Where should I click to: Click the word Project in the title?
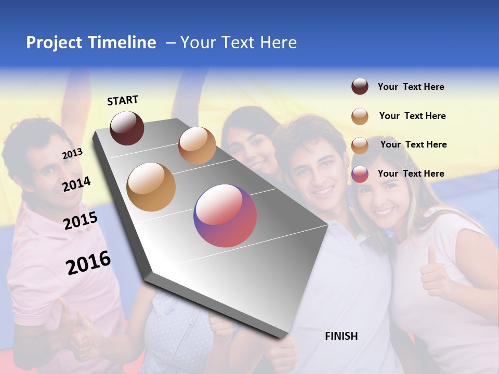click(54, 43)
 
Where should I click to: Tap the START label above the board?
click(123, 100)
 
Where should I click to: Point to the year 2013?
click(72, 154)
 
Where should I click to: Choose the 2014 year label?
click(77, 184)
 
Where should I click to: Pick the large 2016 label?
click(88, 262)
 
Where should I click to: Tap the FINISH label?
click(342, 336)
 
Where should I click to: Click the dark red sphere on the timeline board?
click(127, 128)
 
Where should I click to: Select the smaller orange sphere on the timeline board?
click(197, 145)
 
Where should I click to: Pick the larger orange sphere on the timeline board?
click(151, 187)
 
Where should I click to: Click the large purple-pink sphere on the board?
click(225, 216)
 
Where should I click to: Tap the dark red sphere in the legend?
click(360, 86)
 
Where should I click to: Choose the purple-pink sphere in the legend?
click(360, 174)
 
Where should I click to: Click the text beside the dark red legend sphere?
click(411, 87)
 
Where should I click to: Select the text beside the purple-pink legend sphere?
click(411, 173)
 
